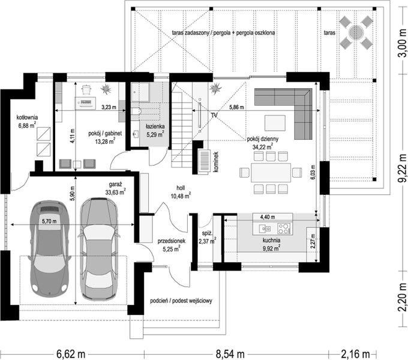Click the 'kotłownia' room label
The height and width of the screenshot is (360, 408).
click(28, 118)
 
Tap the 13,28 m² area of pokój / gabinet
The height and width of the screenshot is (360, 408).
click(105, 142)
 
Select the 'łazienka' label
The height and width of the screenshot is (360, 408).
click(155, 127)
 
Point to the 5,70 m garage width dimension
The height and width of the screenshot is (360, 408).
click(49, 221)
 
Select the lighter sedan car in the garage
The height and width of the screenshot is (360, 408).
click(99, 248)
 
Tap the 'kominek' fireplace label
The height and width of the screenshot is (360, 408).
click(215, 162)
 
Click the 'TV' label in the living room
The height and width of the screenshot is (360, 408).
click(214, 115)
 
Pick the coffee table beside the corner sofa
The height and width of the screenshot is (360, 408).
click(275, 123)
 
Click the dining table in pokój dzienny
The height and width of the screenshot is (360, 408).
click(271, 173)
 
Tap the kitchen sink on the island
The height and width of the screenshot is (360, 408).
click(265, 229)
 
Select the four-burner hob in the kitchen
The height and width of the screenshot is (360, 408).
click(284, 229)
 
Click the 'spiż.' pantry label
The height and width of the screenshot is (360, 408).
click(208, 233)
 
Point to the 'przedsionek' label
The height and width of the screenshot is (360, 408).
click(172, 241)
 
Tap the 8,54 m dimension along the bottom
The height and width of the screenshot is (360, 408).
click(230, 354)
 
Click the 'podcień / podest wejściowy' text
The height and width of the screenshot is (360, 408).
click(181, 301)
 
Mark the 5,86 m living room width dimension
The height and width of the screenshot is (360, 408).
click(237, 107)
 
